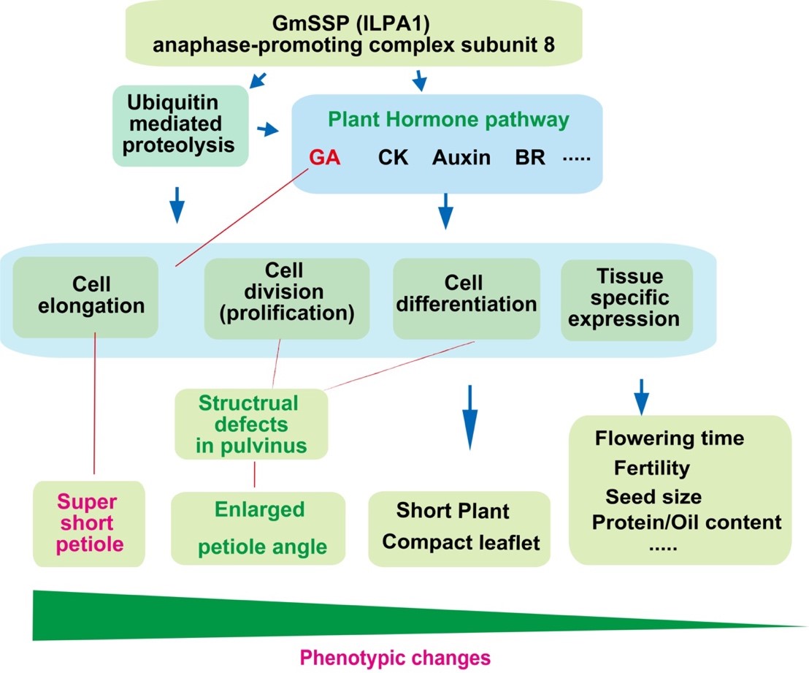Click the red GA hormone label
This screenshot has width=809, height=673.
[325, 158]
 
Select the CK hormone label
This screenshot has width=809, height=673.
[394, 158]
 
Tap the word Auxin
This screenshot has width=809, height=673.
[461, 158]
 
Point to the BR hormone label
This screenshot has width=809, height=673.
[529, 158]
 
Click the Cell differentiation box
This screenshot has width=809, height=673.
[466, 295]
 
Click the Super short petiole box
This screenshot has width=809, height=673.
[89, 523]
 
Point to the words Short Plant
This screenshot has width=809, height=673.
[452, 511]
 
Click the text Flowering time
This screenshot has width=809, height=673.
[670, 438]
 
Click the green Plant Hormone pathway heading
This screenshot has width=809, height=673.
[448, 120]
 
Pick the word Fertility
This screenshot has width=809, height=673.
[652, 468]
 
